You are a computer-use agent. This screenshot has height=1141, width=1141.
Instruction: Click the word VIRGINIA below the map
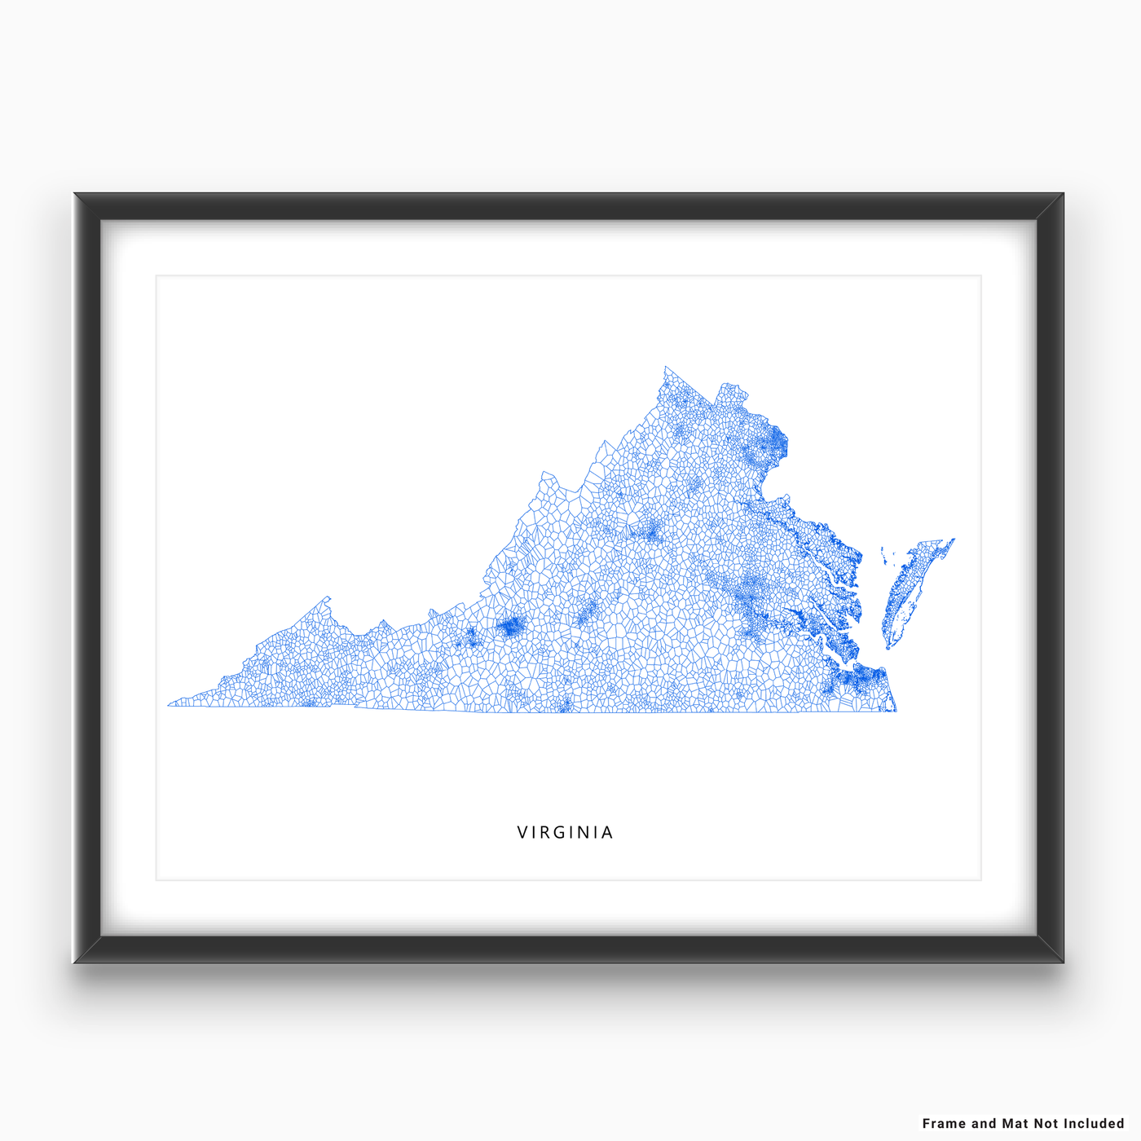565,832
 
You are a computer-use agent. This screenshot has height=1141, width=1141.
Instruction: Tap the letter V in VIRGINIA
522,832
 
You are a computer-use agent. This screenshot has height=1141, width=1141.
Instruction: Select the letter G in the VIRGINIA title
560,832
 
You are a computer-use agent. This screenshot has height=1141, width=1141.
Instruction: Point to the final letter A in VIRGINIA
607,832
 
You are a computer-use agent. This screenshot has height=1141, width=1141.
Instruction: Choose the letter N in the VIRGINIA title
583,832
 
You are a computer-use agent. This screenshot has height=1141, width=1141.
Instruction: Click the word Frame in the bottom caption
944,1123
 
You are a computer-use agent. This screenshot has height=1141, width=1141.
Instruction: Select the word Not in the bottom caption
1046,1123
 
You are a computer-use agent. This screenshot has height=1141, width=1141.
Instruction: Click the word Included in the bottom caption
1094,1123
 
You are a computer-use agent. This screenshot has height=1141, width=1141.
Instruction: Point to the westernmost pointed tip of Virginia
169,705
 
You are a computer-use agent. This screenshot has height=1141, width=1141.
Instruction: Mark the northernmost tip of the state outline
666,368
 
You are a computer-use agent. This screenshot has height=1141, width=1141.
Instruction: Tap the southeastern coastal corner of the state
896,711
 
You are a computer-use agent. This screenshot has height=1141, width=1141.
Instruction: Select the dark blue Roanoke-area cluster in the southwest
511,626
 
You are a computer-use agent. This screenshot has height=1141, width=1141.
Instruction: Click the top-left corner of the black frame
76,195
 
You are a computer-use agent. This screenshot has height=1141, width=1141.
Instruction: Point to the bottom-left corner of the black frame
76,961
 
